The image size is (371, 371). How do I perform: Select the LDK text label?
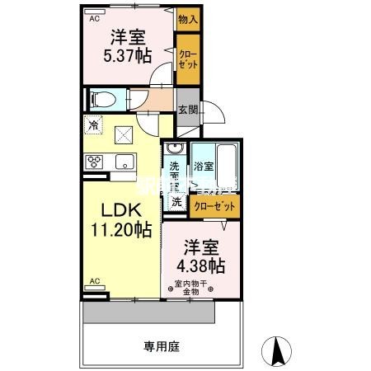120,210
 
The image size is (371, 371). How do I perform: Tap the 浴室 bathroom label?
204,166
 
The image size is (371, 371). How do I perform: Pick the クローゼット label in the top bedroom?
188,58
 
